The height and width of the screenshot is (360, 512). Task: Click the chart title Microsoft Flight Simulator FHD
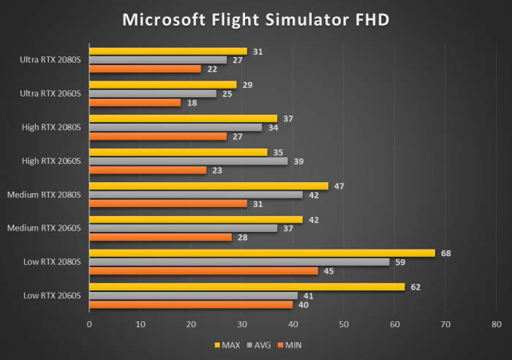point(255,19)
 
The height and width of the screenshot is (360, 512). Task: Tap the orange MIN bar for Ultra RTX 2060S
point(135,102)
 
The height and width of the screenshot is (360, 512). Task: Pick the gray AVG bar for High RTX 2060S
point(188,161)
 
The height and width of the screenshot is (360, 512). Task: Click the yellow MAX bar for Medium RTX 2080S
point(208,186)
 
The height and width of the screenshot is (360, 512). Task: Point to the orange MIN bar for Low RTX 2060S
point(191,304)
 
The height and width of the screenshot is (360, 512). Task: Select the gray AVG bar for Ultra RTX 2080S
point(158,60)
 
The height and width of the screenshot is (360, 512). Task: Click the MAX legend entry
point(227,345)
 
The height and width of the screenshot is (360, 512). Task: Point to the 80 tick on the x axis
point(497,323)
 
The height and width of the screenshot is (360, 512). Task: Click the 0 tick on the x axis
point(89,323)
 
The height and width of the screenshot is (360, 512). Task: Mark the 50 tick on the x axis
point(344,323)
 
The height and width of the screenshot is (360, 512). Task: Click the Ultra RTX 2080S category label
point(50,60)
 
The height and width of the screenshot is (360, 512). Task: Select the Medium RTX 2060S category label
point(44,228)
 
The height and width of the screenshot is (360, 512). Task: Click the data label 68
point(445,253)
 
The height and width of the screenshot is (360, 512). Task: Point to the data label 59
point(399,262)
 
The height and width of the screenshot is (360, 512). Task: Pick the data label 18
point(191,102)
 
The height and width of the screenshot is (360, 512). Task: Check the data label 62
point(415,287)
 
